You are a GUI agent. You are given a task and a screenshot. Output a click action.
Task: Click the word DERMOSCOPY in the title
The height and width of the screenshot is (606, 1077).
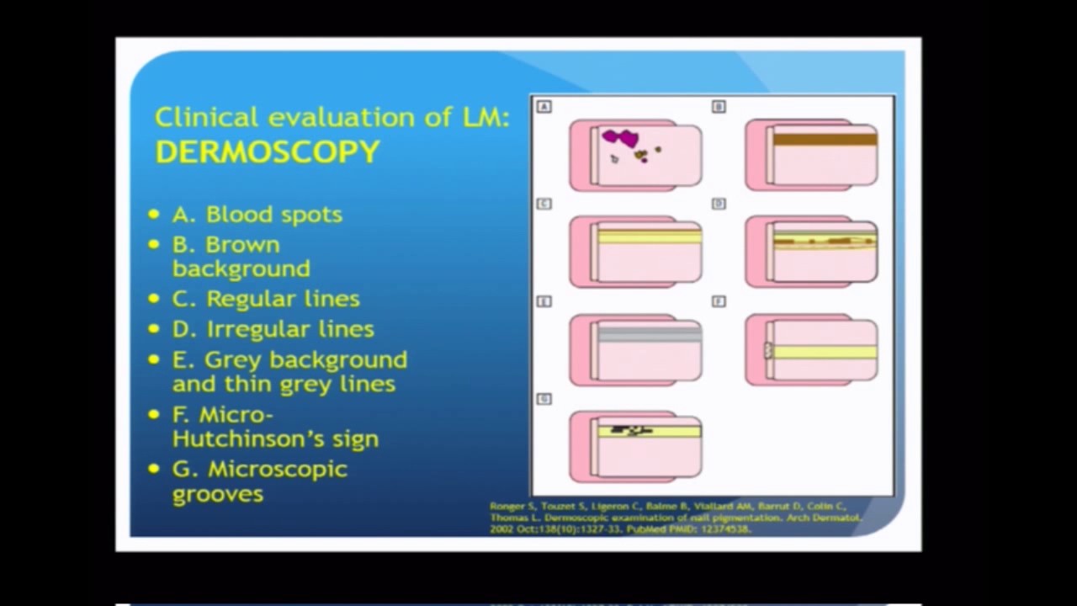(x=268, y=151)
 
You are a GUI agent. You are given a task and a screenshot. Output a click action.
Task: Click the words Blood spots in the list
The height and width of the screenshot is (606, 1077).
(x=274, y=214)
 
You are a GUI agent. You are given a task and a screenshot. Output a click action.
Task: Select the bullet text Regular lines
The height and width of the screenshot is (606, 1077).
(x=283, y=299)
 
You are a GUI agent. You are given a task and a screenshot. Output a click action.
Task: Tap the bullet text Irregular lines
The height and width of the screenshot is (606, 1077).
(x=290, y=329)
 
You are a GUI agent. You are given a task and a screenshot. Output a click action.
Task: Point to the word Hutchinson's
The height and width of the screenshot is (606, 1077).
(x=275, y=439)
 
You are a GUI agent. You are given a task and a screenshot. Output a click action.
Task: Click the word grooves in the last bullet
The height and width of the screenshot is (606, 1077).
(x=217, y=494)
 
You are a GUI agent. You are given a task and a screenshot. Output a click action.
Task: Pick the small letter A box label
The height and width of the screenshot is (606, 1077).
(x=544, y=107)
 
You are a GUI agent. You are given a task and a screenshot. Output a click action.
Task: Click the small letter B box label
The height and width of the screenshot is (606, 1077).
(x=719, y=107)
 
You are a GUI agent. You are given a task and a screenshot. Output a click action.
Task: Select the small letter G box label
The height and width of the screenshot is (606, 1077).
(x=544, y=399)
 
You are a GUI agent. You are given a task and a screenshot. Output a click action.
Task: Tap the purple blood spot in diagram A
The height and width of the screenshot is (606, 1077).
(x=621, y=138)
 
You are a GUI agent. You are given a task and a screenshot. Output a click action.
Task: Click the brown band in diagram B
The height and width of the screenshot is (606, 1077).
(x=825, y=140)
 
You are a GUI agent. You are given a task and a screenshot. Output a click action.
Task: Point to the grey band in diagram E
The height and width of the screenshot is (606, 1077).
(x=649, y=334)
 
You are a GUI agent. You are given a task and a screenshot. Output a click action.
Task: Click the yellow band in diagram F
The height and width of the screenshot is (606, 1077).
(x=825, y=352)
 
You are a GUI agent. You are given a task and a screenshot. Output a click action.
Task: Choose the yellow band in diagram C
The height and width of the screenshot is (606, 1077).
(x=649, y=237)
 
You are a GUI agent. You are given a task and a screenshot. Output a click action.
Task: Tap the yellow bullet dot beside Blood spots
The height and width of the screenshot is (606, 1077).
(x=153, y=214)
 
